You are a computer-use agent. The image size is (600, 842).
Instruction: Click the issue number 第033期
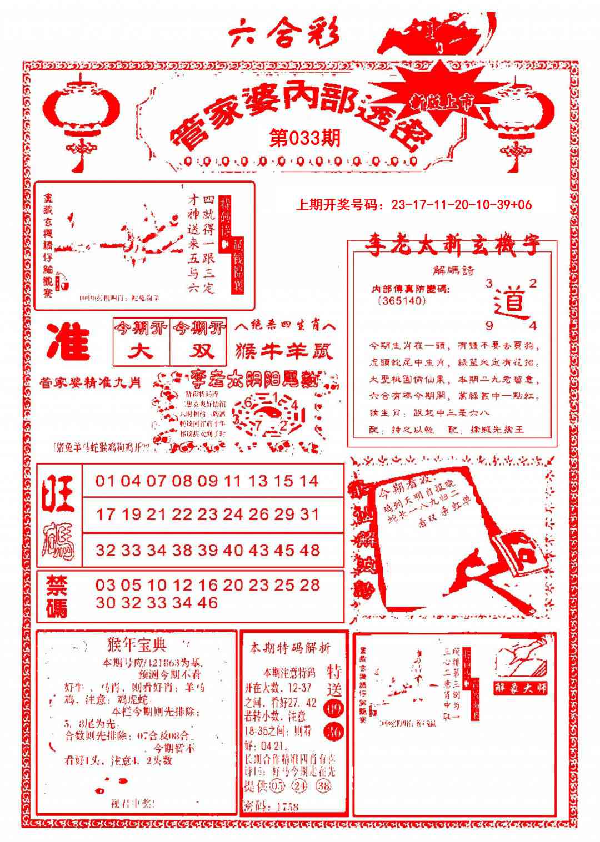click(304, 138)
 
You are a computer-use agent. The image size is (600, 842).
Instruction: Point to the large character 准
click(68, 342)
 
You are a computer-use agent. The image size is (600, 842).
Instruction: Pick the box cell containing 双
click(199, 351)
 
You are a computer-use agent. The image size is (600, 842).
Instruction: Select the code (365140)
click(402, 300)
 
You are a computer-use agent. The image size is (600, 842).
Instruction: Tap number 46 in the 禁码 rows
click(207, 603)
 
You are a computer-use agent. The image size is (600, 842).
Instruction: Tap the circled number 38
click(324, 786)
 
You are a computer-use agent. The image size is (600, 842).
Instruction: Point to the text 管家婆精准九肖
click(90, 382)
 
